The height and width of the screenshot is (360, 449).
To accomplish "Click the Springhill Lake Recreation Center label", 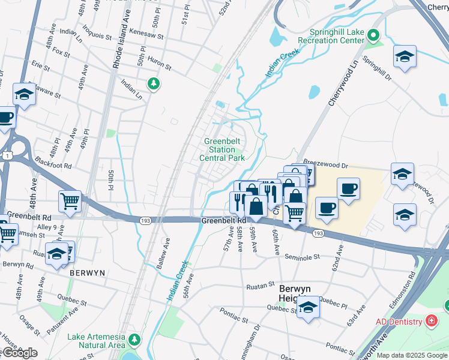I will pos(337,36).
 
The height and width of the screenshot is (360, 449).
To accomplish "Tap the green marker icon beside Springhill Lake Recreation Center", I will pos(375,36).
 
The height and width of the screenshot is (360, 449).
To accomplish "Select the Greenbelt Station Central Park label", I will pos(221,150).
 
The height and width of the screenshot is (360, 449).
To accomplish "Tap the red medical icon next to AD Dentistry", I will pos(431,322).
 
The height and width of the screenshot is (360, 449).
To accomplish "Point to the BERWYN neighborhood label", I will pos(87,272).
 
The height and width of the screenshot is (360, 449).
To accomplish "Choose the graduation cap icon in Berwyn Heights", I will pos(308,307).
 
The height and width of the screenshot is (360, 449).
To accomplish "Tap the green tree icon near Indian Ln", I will pos(154,83).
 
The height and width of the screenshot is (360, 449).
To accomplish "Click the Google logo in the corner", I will pos(20,353).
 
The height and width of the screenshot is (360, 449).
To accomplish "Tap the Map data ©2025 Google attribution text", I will pos(411,355).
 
